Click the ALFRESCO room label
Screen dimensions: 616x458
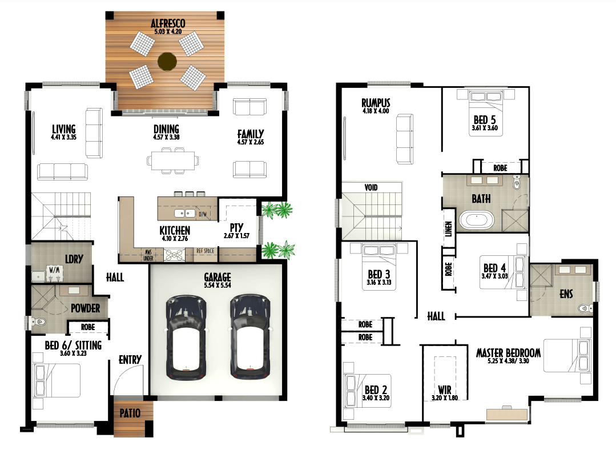(168, 23)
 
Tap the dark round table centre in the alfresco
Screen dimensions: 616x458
(167, 61)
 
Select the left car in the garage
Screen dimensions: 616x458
(186, 338)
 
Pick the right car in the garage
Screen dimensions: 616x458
(250, 338)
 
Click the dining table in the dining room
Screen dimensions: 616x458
(173, 160)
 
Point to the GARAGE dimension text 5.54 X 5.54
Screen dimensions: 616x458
(218, 286)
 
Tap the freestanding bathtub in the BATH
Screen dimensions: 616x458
(477, 220)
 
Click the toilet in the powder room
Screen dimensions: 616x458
(38, 322)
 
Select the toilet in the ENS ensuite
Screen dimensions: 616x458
(585, 308)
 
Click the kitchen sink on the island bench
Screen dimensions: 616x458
(184, 214)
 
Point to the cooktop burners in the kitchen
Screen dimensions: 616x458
(174, 255)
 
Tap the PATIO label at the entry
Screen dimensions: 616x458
(130, 413)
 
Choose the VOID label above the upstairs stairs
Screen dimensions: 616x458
(371, 187)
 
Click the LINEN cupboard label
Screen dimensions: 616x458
(449, 228)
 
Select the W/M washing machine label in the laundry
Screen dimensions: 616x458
(54, 270)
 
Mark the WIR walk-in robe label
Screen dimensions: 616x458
(444, 389)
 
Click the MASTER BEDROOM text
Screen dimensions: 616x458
(508, 353)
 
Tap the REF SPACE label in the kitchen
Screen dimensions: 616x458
(205, 251)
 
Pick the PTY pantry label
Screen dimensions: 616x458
(236, 228)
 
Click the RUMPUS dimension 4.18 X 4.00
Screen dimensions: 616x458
(376, 111)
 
